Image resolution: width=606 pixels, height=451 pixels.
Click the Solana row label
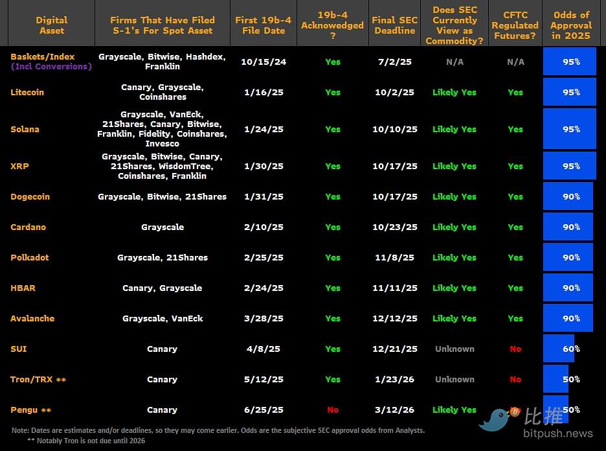[x=25, y=129]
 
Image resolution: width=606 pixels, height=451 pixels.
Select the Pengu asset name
[x=24, y=410]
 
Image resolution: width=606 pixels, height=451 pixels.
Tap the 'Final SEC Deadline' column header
[x=394, y=25]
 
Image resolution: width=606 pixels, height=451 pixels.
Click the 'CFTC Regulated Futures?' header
[x=515, y=25]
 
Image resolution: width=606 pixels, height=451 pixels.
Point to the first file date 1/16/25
[x=264, y=92]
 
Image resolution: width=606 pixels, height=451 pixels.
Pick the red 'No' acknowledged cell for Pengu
[x=333, y=410]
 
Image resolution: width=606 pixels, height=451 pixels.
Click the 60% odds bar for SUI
[x=559, y=349]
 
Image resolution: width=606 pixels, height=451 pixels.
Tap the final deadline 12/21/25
[x=394, y=349]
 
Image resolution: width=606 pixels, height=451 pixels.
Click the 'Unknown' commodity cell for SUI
[x=454, y=349]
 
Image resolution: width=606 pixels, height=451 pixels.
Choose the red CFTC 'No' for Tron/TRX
[x=515, y=379]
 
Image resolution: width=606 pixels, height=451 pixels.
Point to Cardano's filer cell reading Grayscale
[x=162, y=227]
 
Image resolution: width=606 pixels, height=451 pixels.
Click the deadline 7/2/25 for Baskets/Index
[x=394, y=62]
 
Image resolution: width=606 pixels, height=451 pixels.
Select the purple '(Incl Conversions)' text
[x=51, y=66]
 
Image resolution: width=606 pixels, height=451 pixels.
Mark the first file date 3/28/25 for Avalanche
[x=264, y=318]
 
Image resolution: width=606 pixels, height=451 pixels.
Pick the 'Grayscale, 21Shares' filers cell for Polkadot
[x=162, y=257]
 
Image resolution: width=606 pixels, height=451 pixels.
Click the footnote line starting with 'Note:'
[x=218, y=430]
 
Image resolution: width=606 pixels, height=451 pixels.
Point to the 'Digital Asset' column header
[x=51, y=25]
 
